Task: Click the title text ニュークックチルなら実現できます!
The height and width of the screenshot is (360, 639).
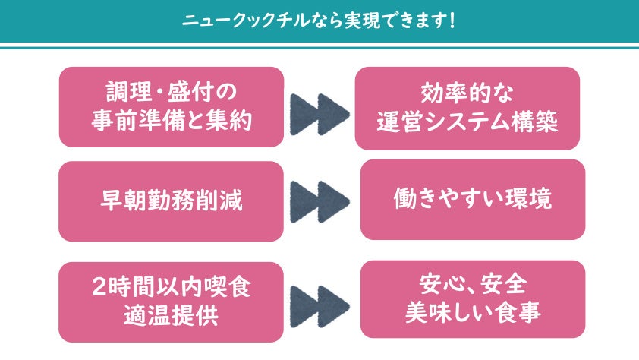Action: click(319, 21)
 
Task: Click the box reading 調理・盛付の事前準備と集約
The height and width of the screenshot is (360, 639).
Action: click(172, 107)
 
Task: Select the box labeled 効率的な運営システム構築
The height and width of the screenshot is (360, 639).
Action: click(467, 108)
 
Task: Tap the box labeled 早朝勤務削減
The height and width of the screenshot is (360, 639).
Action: click(172, 201)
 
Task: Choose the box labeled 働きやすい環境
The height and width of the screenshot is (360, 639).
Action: click(472, 199)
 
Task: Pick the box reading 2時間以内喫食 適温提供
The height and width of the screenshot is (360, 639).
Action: click(172, 302)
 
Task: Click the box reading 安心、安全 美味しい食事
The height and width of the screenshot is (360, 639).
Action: click(472, 299)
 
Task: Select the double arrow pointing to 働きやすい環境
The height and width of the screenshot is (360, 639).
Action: click(319, 201)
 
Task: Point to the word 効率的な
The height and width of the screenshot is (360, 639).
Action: click(467, 94)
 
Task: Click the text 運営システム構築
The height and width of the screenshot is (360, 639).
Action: click(467, 122)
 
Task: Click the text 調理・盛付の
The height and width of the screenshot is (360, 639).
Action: click(172, 93)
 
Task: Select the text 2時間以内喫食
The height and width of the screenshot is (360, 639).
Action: click(172, 288)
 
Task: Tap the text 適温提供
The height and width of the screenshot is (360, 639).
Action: click(172, 315)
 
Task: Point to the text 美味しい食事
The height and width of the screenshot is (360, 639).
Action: click(472, 313)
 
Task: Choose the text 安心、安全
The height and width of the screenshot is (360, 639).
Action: click(472, 286)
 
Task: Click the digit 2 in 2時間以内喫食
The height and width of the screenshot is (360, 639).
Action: click(99, 289)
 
